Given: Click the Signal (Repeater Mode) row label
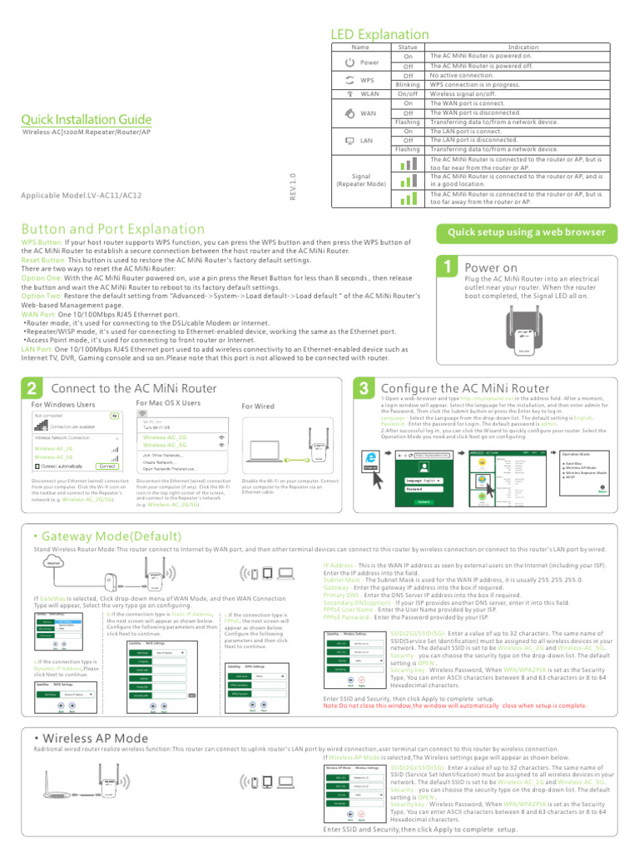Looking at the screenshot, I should [x=361, y=180].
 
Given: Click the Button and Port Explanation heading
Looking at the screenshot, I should [x=112, y=228].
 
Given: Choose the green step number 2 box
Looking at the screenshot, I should [x=31, y=388].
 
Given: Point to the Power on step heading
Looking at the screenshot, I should [x=491, y=267].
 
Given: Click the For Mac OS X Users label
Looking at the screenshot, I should [x=168, y=403].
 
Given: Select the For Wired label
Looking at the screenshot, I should [x=257, y=406].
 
